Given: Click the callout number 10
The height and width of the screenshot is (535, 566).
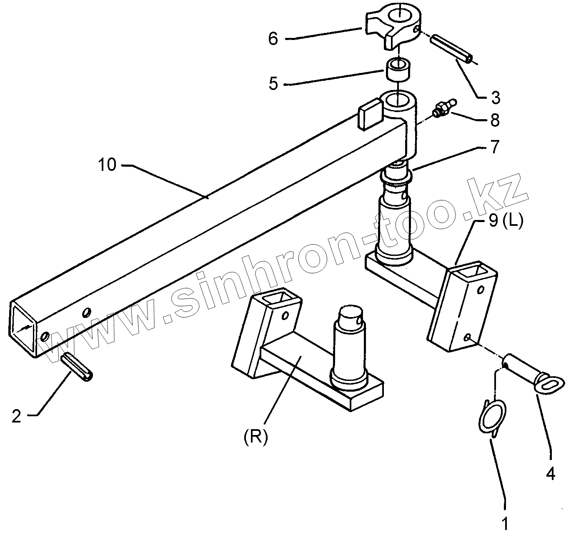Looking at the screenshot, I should [x=107, y=165].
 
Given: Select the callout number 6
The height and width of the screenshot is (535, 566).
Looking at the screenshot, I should [x=273, y=39].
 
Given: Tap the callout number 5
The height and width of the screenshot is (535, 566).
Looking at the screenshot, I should [x=273, y=83].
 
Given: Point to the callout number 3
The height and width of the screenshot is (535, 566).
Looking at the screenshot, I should [x=495, y=97].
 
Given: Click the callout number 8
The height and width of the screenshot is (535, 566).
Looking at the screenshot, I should [x=495, y=120].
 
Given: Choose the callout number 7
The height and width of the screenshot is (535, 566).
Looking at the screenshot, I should [x=495, y=148].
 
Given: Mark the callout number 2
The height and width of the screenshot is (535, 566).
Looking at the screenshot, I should [x=16, y=416].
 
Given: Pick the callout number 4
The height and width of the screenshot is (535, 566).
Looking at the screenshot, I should [x=550, y=473].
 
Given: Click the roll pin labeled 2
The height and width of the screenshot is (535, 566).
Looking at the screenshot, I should [x=78, y=367].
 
